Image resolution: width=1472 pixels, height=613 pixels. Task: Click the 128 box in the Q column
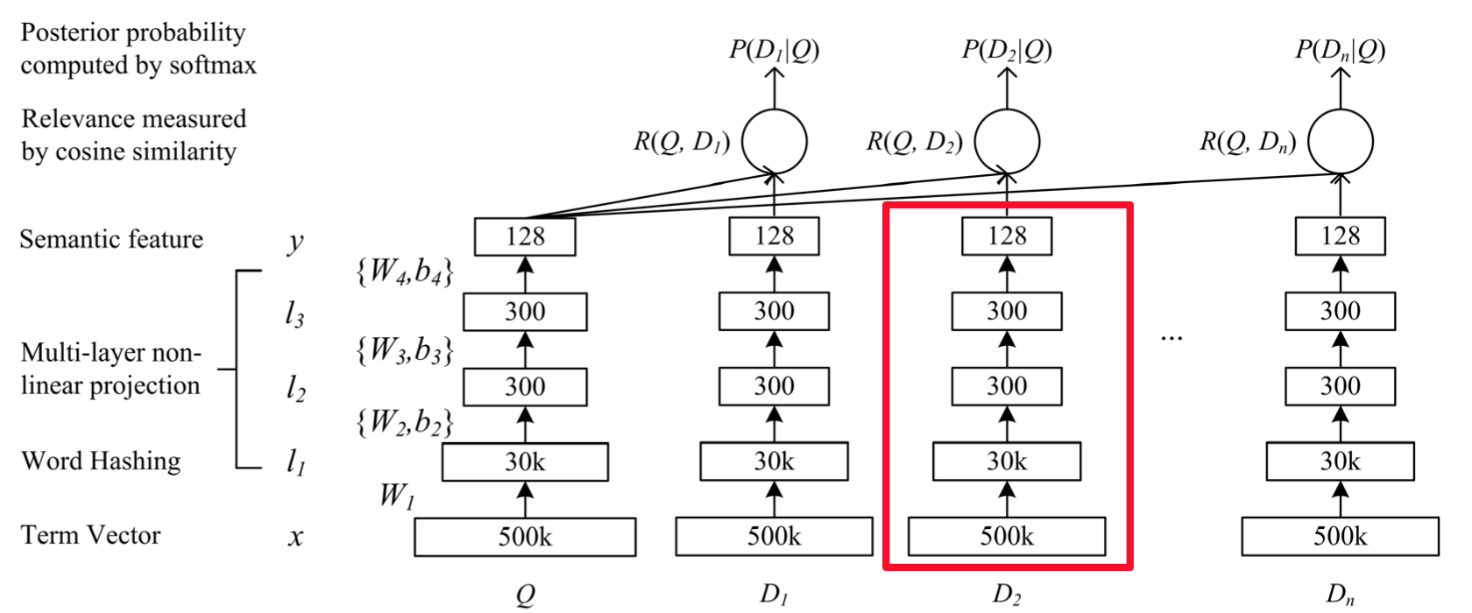tap(525, 236)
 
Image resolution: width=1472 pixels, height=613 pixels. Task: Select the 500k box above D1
tap(775, 537)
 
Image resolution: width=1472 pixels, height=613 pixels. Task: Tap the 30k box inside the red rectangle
tap(1007, 462)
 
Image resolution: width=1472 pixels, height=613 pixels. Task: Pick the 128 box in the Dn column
tap(1340, 236)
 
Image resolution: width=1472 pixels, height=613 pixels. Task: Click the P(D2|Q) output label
tap(1007, 51)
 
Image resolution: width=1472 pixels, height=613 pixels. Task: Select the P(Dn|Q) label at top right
tap(1340, 51)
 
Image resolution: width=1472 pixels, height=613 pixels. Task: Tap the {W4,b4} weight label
tap(405, 271)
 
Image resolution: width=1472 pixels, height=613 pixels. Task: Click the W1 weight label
tap(398, 496)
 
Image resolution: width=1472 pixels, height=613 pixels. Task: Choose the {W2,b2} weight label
tap(405, 422)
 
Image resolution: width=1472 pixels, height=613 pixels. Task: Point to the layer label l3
tap(294, 314)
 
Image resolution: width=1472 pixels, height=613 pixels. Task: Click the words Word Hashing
tap(101, 461)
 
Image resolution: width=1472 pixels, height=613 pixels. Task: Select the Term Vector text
tap(91, 535)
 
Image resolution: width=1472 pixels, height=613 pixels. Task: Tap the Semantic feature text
tap(112, 239)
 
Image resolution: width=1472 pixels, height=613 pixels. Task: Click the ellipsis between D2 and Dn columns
tap(1171, 338)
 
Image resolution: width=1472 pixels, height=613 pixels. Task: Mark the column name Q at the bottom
tap(525, 595)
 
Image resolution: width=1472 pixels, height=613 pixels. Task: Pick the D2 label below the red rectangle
tap(1007, 595)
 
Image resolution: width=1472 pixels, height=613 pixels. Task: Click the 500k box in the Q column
tap(525, 537)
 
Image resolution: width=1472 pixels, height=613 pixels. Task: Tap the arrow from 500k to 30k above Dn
tap(1340, 499)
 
